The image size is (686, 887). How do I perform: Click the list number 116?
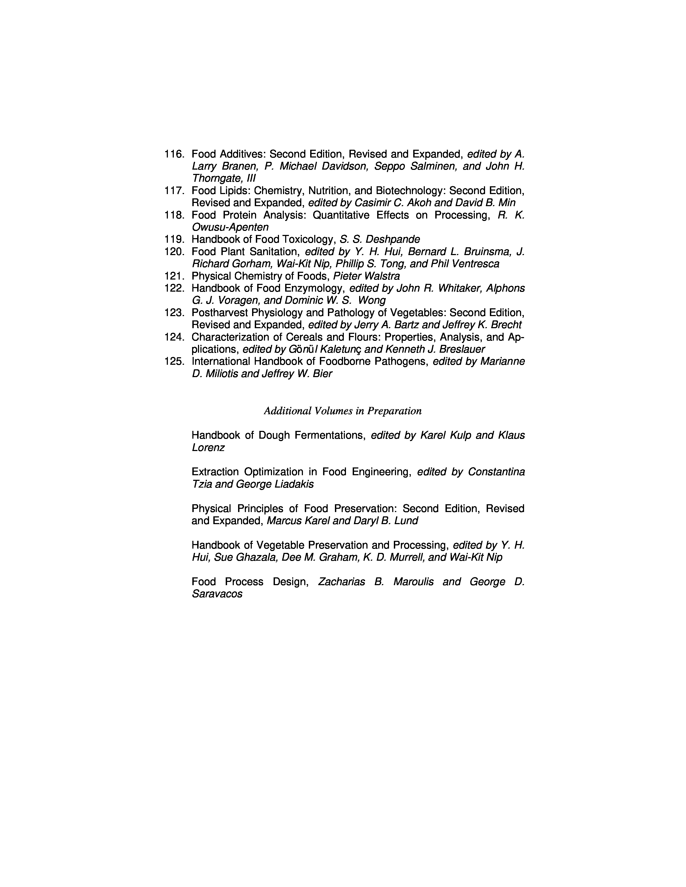(x=174, y=154)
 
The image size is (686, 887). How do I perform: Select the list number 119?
(x=174, y=239)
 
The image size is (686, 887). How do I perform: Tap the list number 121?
(x=174, y=276)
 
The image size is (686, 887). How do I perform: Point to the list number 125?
(x=174, y=362)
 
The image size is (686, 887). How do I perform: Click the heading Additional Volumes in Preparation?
(x=342, y=411)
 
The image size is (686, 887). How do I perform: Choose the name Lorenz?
(x=208, y=448)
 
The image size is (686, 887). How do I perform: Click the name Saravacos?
(x=217, y=594)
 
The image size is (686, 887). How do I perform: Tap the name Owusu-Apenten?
(x=230, y=227)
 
